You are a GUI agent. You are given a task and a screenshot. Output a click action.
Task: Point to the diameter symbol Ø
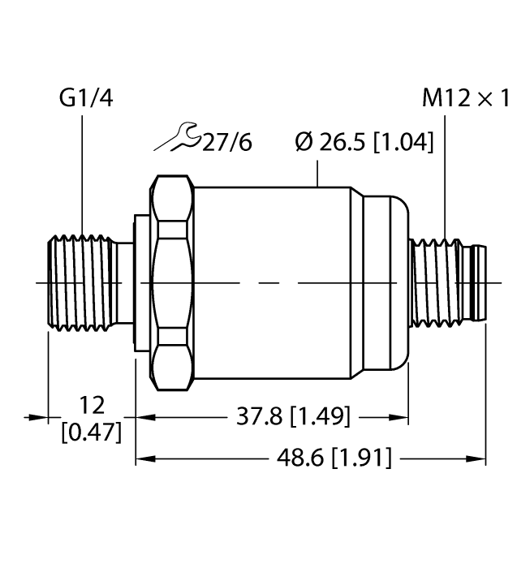tap(304, 143)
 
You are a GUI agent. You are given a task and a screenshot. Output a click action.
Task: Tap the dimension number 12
tap(92, 405)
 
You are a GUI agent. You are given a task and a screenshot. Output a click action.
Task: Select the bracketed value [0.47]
tap(92, 432)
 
